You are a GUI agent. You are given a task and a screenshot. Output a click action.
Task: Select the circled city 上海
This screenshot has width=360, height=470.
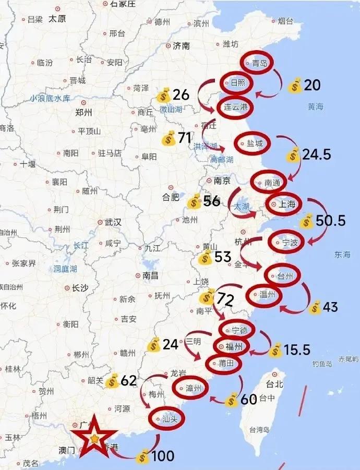[287, 204]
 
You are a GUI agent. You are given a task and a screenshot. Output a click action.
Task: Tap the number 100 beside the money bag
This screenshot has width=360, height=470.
[163, 457]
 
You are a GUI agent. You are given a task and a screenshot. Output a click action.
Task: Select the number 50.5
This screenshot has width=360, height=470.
[331, 221]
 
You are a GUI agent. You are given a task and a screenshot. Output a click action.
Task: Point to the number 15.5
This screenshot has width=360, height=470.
[297, 350]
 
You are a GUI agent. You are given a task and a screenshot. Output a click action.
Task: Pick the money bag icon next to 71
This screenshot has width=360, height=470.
[169, 138]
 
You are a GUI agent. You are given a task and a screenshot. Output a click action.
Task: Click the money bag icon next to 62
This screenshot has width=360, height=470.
[112, 381]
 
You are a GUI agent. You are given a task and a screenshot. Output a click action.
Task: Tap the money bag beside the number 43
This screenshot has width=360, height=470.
[315, 308]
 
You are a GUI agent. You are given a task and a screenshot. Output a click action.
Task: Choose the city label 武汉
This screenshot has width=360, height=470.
[113, 222]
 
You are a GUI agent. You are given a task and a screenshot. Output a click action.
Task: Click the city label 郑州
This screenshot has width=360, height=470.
[83, 112]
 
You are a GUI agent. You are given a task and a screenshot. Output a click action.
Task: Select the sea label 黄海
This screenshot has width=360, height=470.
[315, 106]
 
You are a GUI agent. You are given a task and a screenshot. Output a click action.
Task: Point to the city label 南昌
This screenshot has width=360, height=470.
[150, 275]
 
